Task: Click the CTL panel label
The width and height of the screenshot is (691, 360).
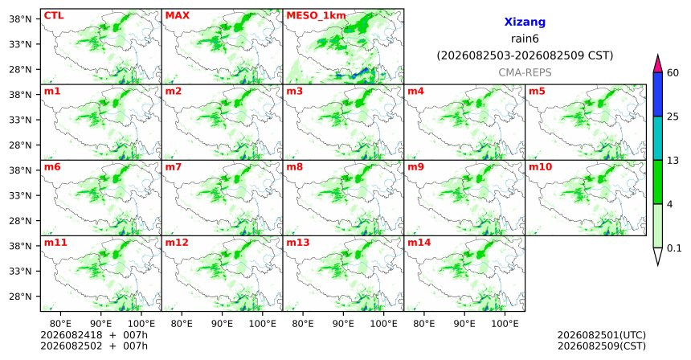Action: tap(54, 16)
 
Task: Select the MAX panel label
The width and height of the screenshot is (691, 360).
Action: tap(177, 16)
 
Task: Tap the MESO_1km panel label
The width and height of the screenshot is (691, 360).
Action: tap(316, 16)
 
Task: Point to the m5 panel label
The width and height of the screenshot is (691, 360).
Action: tap(537, 92)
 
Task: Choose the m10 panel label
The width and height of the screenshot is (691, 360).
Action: tap(540, 167)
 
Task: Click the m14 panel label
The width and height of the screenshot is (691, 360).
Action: tap(419, 243)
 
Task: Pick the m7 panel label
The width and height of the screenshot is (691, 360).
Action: tap(174, 167)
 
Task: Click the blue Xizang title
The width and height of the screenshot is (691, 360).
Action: tap(525, 22)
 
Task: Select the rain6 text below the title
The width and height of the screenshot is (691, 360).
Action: tap(525, 39)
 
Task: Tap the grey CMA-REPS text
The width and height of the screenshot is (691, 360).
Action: tap(525, 72)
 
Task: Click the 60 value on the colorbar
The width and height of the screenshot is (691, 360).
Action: tap(673, 72)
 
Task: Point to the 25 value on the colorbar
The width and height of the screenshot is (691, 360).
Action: tap(673, 117)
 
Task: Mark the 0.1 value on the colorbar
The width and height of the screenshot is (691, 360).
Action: tap(674, 248)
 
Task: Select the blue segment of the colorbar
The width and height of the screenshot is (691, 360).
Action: tap(658, 94)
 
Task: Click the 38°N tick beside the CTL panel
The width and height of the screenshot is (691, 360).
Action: tap(21, 19)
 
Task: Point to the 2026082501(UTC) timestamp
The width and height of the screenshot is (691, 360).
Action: tap(602, 335)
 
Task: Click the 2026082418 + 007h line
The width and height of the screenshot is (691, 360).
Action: tap(94, 335)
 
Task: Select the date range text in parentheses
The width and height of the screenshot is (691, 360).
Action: tap(525, 56)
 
